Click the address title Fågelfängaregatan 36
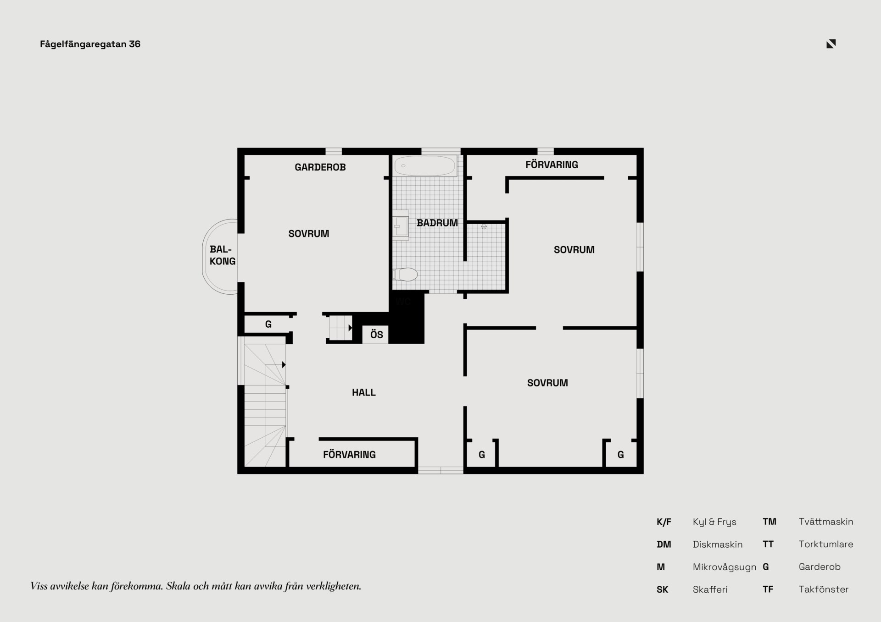coord(90,44)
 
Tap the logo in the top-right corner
coord(831,44)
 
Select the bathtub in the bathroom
coord(425,166)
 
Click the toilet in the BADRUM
coord(405,274)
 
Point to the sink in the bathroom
coord(401,226)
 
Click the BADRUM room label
coord(437,223)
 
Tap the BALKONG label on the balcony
coord(222,255)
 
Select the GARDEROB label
coord(320,167)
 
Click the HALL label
coord(363,392)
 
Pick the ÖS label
coord(376,335)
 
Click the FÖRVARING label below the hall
coord(349,455)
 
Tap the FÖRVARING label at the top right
coord(552,165)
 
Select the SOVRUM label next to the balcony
coord(308,234)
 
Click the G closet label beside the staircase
coord(268,325)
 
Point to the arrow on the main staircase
coord(284,365)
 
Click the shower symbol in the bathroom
coord(484,226)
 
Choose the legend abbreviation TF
coord(768,589)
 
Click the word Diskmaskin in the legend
coord(717,545)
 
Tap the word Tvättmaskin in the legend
coord(825,522)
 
